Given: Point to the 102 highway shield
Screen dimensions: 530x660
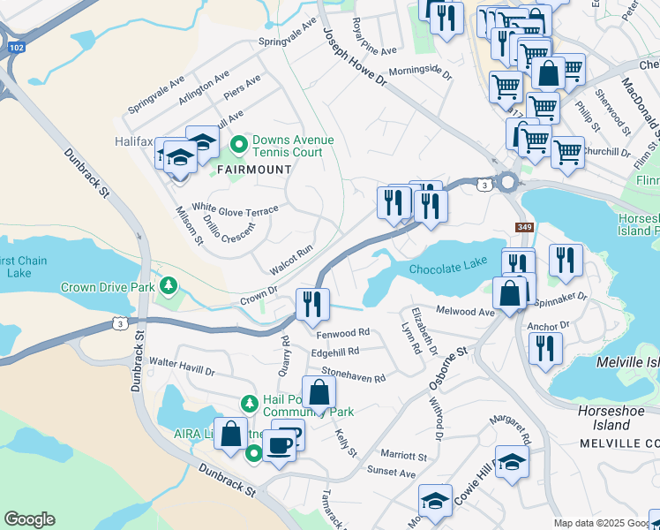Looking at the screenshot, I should [16, 46].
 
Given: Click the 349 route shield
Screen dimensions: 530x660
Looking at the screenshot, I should [525, 228].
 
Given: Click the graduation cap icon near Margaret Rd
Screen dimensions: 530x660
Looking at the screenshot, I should [512, 462].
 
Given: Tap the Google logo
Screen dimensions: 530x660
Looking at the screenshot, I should [29, 519].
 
